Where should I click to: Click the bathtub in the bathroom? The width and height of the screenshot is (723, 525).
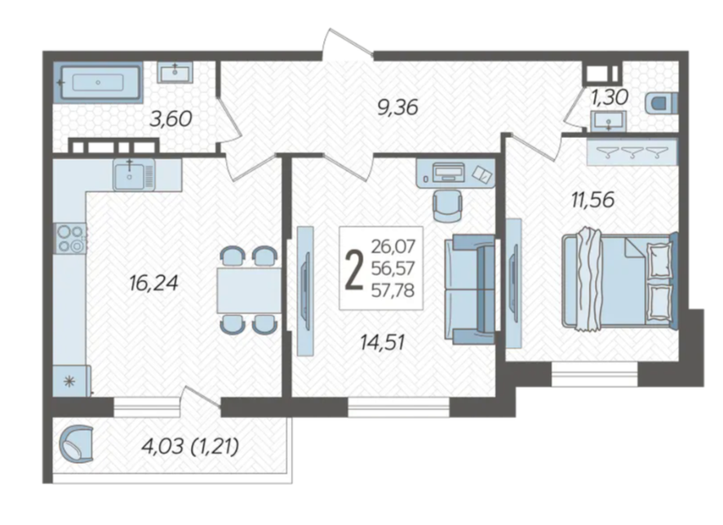click(x=98, y=82)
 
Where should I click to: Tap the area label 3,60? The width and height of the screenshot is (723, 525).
click(x=171, y=119)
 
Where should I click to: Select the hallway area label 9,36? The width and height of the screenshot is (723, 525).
click(x=397, y=108)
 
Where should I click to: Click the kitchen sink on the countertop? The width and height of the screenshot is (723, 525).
click(x=134, y=175)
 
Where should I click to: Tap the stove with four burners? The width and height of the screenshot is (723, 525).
click(x=70, y=238)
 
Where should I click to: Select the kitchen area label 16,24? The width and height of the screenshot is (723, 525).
click(x=153, y=283)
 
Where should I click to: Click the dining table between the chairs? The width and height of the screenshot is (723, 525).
click(x=249, y=291)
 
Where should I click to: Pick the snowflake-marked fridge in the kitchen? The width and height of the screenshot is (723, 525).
click(x=71, y=381)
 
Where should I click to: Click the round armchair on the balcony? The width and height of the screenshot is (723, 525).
click(x=77, y=443)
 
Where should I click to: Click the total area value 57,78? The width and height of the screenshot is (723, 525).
click(x=393, y=290)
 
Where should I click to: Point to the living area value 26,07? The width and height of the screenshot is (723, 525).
click(x=393, y=247)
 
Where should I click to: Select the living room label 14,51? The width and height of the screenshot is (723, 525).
click(x=383, y=342)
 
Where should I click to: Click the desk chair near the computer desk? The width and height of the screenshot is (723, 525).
click(x=447, y=206)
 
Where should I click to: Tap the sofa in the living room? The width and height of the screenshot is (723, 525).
click(x=470, y=289)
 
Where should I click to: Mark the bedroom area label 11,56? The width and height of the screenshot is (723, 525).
click(x=593, y=200)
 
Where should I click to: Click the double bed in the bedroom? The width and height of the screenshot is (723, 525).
click(x=619, y=279)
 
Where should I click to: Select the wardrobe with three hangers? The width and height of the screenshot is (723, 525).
click(x=632, y=152)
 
